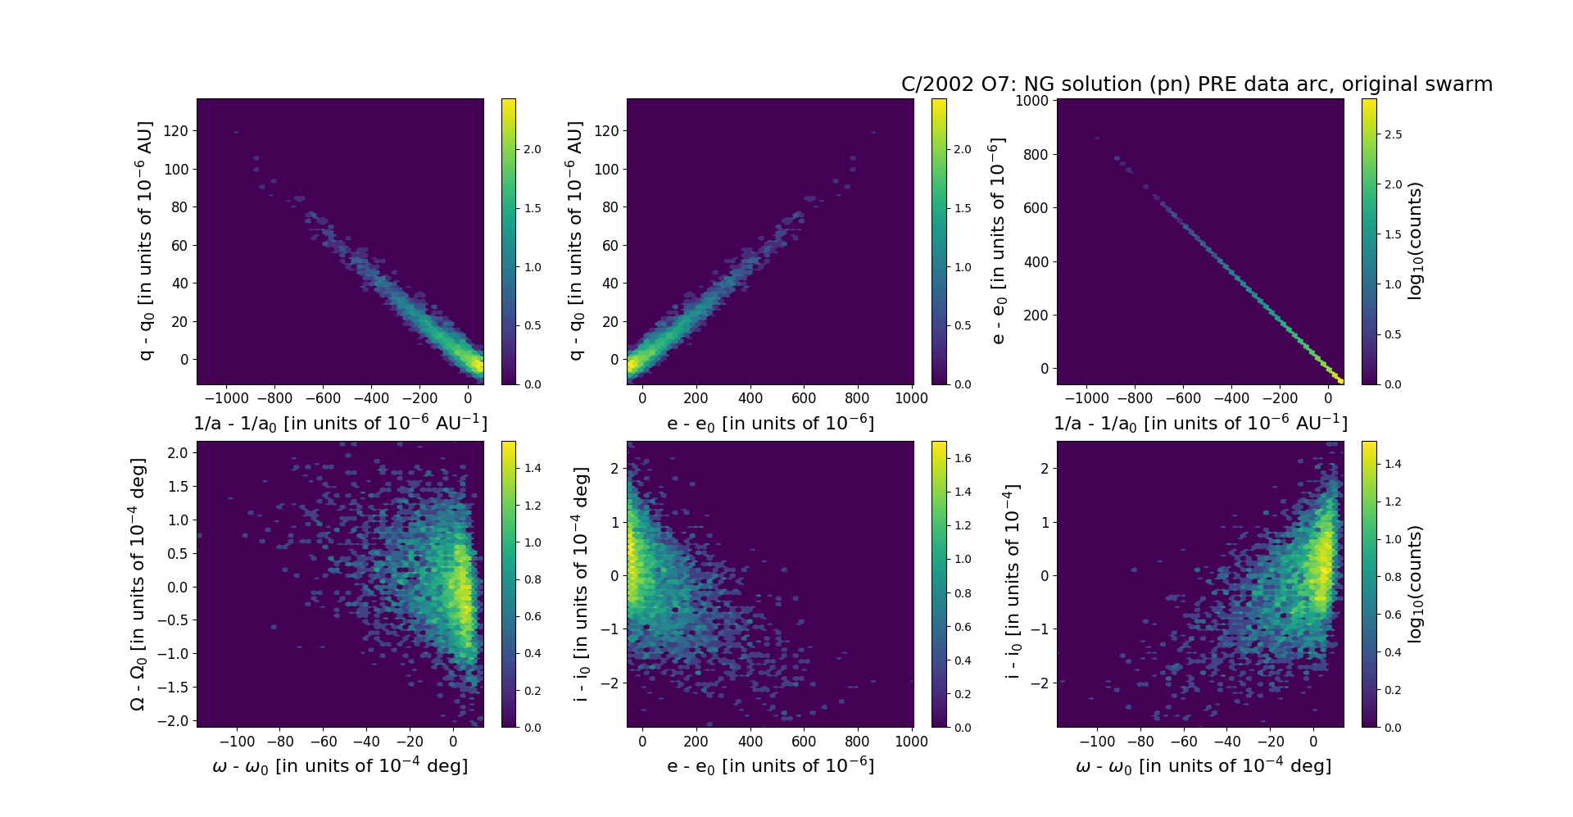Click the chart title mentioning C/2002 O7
click(x=1196, y=84)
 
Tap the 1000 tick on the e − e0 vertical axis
click(x=1031, y=101)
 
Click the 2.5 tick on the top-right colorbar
click(x=1392, y=134)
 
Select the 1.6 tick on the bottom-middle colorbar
click(x=963, y=458)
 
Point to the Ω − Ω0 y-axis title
click(x=138, y=584)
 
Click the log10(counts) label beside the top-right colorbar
click(x=1415, y=241)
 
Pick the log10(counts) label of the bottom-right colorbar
click(x=1415, y=583)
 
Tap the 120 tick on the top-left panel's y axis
click(x=175, y=131)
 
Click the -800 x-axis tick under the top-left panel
click(x=274, y=399)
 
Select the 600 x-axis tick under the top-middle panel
click(x=804, y=399)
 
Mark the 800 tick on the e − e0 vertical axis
click(x=1036, y=155)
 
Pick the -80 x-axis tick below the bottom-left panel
click(x=280, y=742)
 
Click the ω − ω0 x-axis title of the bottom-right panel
click(x=1203, y=766)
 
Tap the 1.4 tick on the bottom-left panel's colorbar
click(x=533, y=469)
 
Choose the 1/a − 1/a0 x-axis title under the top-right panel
click(x=1200, y=424)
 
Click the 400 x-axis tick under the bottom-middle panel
click(x=750, y=742)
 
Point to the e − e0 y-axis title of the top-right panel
click(x=997, y=241)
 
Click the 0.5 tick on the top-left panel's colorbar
click(x=533, y=326)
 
